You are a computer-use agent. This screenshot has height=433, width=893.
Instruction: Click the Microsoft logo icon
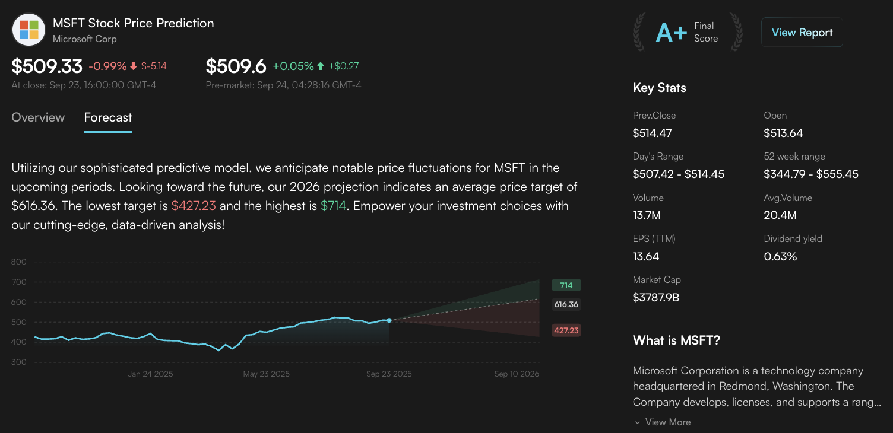coord(28,30)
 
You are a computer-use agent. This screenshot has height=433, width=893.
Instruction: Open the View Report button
coord(802,33)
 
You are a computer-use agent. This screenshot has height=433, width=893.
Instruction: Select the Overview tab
coord(38,117)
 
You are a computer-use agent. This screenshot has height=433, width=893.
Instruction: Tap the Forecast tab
coord(108,117)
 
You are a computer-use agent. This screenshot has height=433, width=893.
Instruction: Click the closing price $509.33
coord(47,66)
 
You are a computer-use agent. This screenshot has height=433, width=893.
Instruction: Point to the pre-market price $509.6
coord(236,66)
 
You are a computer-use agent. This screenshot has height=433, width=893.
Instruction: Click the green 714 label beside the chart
coord(566,285)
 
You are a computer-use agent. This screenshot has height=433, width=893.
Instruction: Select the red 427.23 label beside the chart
coord(566,330)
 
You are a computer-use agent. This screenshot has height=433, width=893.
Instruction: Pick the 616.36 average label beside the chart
coord(566,304)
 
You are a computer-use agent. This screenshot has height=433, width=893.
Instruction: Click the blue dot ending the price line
coord(389,320)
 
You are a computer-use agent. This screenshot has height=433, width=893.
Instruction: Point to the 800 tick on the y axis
coord(19,262)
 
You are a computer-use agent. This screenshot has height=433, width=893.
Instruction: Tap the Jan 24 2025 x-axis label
coord(150,374)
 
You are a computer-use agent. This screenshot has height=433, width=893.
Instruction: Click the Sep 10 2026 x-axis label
coord(517,374)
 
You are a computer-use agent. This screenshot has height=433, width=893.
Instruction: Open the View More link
coord(667,422)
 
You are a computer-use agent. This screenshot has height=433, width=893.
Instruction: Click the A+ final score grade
coord(671,33)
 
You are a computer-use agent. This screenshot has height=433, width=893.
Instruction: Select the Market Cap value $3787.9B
coord(656,298)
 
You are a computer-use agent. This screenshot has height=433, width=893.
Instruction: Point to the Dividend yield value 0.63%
coord(780,257)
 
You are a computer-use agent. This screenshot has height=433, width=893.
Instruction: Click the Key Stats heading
coord(660,88)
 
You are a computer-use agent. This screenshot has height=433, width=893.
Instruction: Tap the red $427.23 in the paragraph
coord(194,206)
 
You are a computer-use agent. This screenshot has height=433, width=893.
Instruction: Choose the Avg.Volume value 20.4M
coord(780,215)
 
